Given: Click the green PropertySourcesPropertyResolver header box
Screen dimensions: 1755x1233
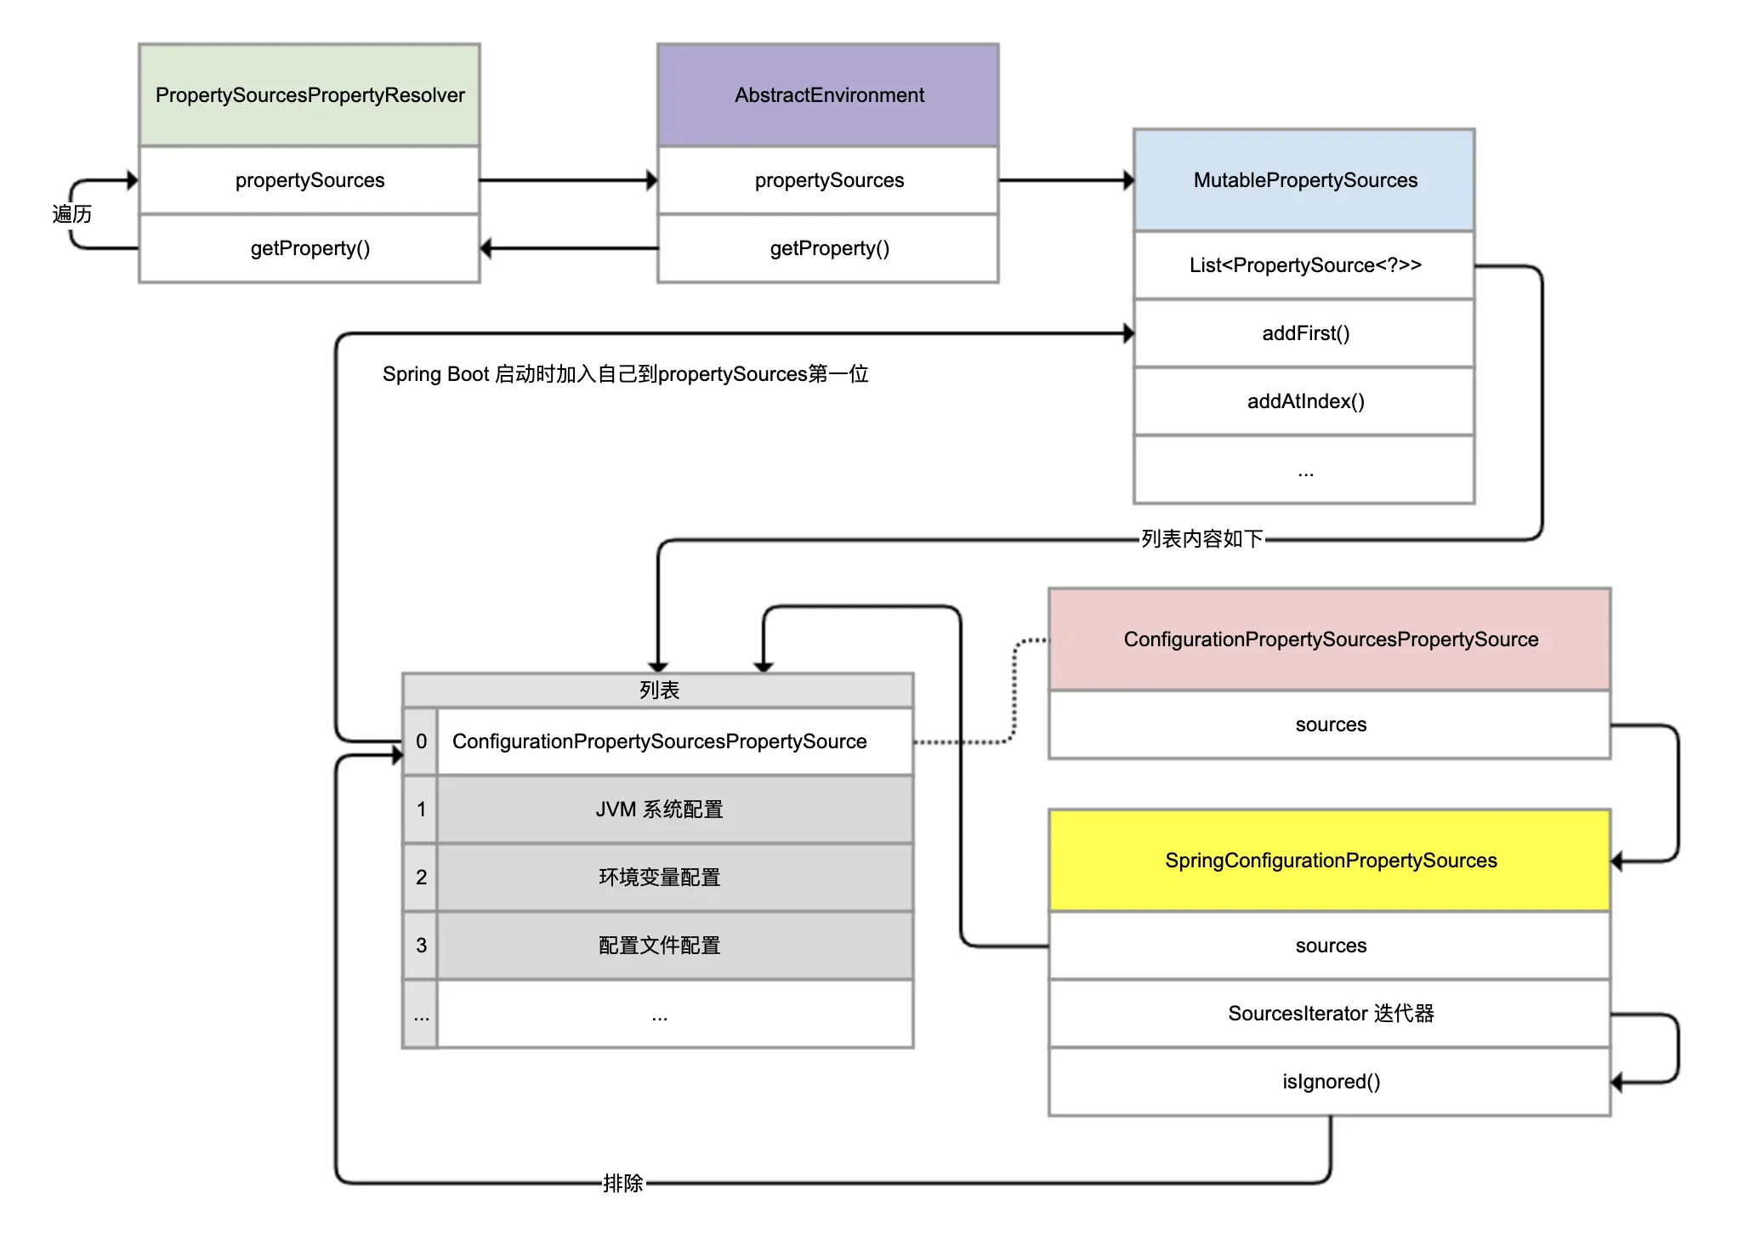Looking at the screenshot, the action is pyautogui.click(x=310, y=95).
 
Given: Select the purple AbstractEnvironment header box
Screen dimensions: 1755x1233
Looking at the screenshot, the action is pyautogui.click(x=828, y=95).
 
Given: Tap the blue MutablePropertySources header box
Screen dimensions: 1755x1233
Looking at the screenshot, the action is pyautogui.click(x=1304, y=180).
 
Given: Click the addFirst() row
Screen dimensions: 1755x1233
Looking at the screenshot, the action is pyautogui.click(x=1304, y=333).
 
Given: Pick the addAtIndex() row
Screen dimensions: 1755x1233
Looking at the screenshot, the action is pyautogui.click(x=1304, y=401).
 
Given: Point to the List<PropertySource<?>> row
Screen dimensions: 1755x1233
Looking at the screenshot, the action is pyautogui.click(x=1304, y=265).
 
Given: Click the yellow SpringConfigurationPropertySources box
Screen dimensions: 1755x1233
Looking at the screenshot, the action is pyautogui.click(x=1330, y=861).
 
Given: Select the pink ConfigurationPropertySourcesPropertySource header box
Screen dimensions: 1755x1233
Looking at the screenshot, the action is pyautogui.click(x=1330, y=639).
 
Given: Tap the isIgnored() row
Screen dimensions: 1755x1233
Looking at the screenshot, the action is pyautogui.click(x=1330, y=1082).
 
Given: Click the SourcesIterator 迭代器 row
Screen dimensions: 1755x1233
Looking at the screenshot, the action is pyautogui.click(x=1330, y=1014).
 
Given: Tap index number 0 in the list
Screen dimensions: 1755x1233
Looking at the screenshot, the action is pyautogui.click(x=421, y=742).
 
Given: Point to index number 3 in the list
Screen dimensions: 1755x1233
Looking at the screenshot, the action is pyautogui.click(x=421, y=946).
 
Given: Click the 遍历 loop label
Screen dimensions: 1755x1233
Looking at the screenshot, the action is pyautogui.click(x=72, y=214).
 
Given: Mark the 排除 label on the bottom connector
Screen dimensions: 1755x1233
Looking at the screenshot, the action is pyautogui.click(x=623, y=1183).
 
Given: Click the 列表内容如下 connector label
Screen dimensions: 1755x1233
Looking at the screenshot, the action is pyautogui.click(x=1202, y=539).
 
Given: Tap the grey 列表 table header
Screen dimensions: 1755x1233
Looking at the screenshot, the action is pyautogui.click(x=658, y=690).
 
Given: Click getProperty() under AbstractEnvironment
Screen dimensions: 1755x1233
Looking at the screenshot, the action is pyautogui.click(x=829, y=248).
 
